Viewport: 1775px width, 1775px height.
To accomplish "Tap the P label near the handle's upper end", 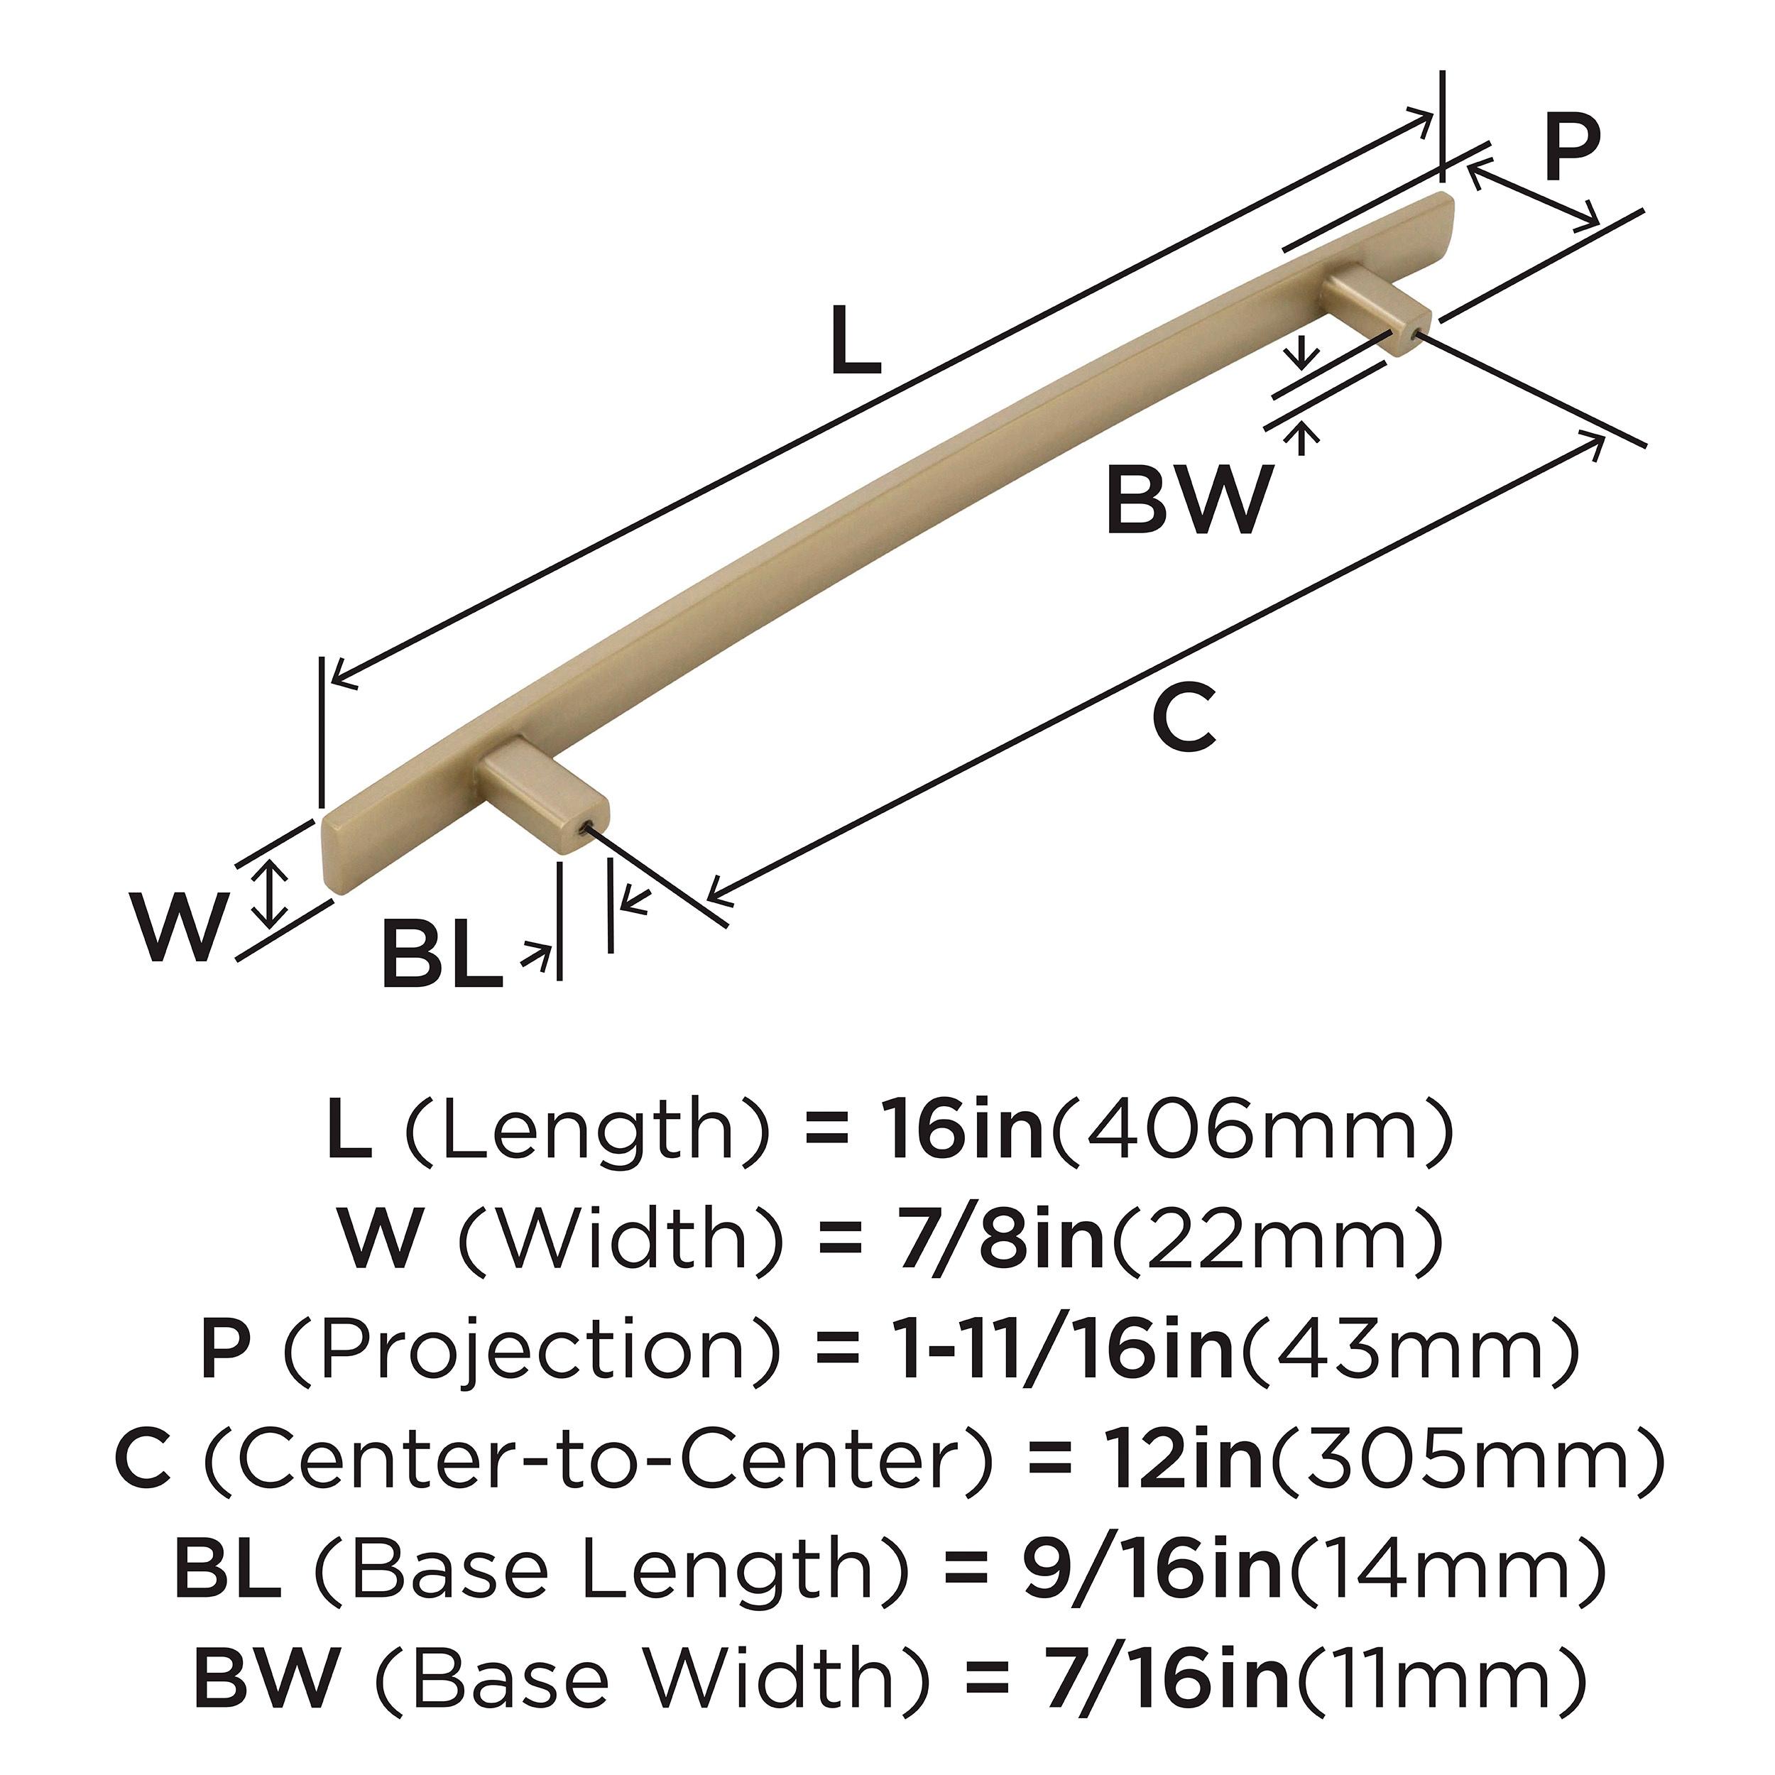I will [1571, 150].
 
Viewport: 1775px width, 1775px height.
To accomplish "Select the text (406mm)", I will [1250, 1130].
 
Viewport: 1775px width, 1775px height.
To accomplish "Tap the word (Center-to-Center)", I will [598, 1458].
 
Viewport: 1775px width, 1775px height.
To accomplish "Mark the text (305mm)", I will [1465, 1458].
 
